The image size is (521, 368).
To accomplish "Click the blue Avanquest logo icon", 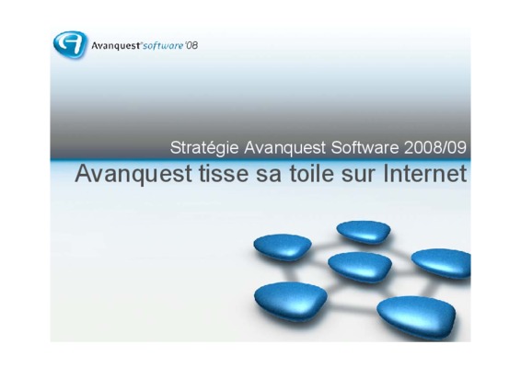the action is (70, 44).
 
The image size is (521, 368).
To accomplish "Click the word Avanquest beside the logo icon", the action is (116, 46).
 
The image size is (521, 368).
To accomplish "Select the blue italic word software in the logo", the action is (163, 45).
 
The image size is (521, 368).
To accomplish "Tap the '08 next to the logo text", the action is (191, 45).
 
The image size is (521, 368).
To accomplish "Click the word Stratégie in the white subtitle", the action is (204, 148).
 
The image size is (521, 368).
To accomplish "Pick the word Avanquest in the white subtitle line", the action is (285, 148).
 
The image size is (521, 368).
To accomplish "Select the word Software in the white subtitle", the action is (365, 147).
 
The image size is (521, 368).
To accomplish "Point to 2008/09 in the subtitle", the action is (435, 147).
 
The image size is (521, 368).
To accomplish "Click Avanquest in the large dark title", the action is (133, 174).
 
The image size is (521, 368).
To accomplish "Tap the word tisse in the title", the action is (224, 173).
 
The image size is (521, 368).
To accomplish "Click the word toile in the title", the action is (311, 173).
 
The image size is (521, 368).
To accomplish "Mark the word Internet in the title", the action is (424, 173).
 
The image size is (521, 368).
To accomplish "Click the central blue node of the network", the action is (360, 267).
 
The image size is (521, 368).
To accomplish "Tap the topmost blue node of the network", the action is (364, 232).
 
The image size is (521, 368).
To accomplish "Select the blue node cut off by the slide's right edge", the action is (442, 263).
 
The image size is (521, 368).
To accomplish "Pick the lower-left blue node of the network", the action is (291, 301).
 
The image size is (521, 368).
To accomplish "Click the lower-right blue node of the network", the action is (416, 316).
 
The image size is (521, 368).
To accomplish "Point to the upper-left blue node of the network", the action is (283, 247).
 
